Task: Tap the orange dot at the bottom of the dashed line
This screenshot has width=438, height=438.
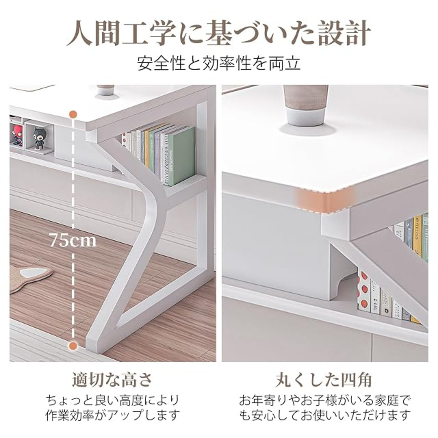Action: pos(73,352)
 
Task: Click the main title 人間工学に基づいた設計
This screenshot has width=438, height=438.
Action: pos(219,34)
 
